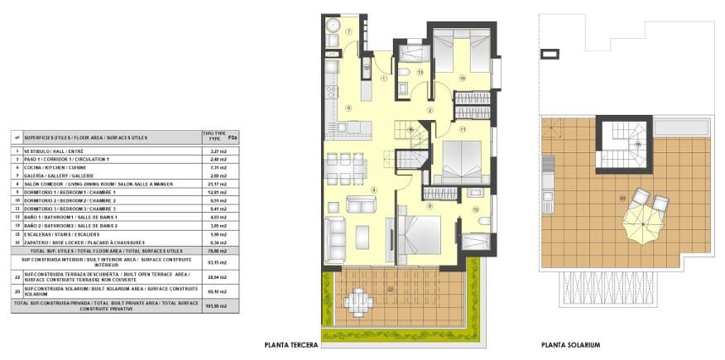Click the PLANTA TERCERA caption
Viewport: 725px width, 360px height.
290,345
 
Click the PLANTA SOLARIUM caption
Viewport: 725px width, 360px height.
570,345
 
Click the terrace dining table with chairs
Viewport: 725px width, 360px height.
358,299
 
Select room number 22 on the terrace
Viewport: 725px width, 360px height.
390,289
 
